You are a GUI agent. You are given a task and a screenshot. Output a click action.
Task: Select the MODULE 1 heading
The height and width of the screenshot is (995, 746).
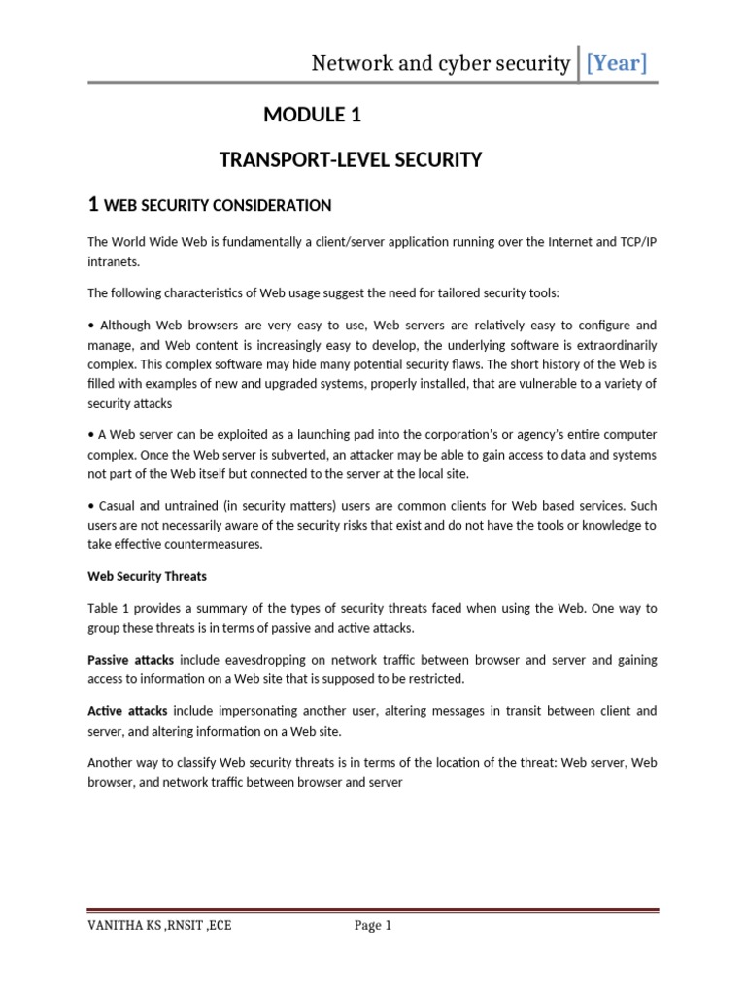tap(312, 116)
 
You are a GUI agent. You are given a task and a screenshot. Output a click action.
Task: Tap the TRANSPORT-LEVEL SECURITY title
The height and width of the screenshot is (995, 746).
tap(351, 160)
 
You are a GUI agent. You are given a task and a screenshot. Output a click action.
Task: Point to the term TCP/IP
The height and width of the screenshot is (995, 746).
tap(634, 242)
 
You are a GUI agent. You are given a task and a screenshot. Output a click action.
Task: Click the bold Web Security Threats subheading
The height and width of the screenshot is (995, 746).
tap(147, 576)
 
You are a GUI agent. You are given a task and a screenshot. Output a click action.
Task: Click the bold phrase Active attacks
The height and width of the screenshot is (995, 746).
tap(127, 711)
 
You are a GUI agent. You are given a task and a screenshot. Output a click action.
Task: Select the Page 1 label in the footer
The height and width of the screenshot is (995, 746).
tap(373, 926)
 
